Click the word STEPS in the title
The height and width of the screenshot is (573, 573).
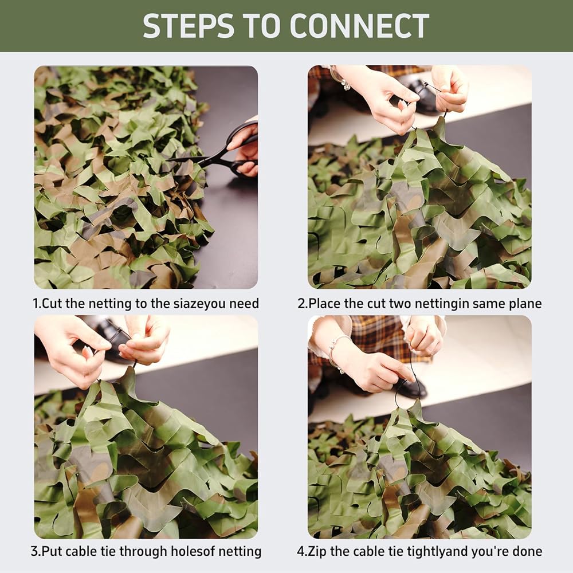pos(189,26)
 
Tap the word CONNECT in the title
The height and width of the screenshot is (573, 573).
pos(359,26)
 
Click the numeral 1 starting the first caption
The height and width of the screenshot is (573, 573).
pos(36,304)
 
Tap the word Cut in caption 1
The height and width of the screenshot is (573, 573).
pos(52,304)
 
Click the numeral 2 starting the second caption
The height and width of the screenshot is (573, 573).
pos(301,304)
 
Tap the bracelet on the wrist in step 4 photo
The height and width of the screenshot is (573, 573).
pos(335,352)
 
